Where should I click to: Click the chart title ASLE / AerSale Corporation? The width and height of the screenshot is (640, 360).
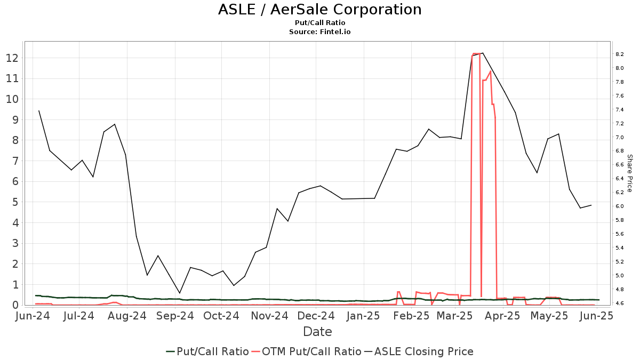point(319,10)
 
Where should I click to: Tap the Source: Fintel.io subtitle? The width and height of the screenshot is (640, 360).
point(319,31)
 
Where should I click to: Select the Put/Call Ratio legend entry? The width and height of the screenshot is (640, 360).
point(207,351)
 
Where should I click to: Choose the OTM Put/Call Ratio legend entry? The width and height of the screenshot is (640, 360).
point(307,351)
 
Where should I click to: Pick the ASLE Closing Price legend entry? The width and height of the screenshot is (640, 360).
point(419,351)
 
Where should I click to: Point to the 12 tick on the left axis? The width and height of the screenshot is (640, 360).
point(12,58)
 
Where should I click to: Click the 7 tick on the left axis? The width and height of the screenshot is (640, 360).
point(15,161)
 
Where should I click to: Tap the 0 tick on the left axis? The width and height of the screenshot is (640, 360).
point(15,305)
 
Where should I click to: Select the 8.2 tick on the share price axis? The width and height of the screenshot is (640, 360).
point(619,54)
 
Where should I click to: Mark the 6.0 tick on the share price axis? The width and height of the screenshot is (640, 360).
point(619,206)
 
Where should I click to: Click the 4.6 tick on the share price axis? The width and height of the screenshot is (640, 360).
point(619,303)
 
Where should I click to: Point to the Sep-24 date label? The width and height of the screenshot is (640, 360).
point(175,316)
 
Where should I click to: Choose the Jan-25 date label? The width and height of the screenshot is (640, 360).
point(363,316)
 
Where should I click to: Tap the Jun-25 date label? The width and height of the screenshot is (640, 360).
point(596,316)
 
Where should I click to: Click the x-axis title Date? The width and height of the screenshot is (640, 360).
point(317,332)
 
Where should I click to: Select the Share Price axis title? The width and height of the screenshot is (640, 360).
point(630,173)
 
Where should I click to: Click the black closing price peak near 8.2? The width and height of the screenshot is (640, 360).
point(483,53)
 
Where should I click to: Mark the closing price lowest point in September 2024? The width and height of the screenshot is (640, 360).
point(179,293)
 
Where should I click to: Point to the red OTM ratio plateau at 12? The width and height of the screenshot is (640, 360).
point(476,54)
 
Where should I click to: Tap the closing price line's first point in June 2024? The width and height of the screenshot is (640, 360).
point(39,111)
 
